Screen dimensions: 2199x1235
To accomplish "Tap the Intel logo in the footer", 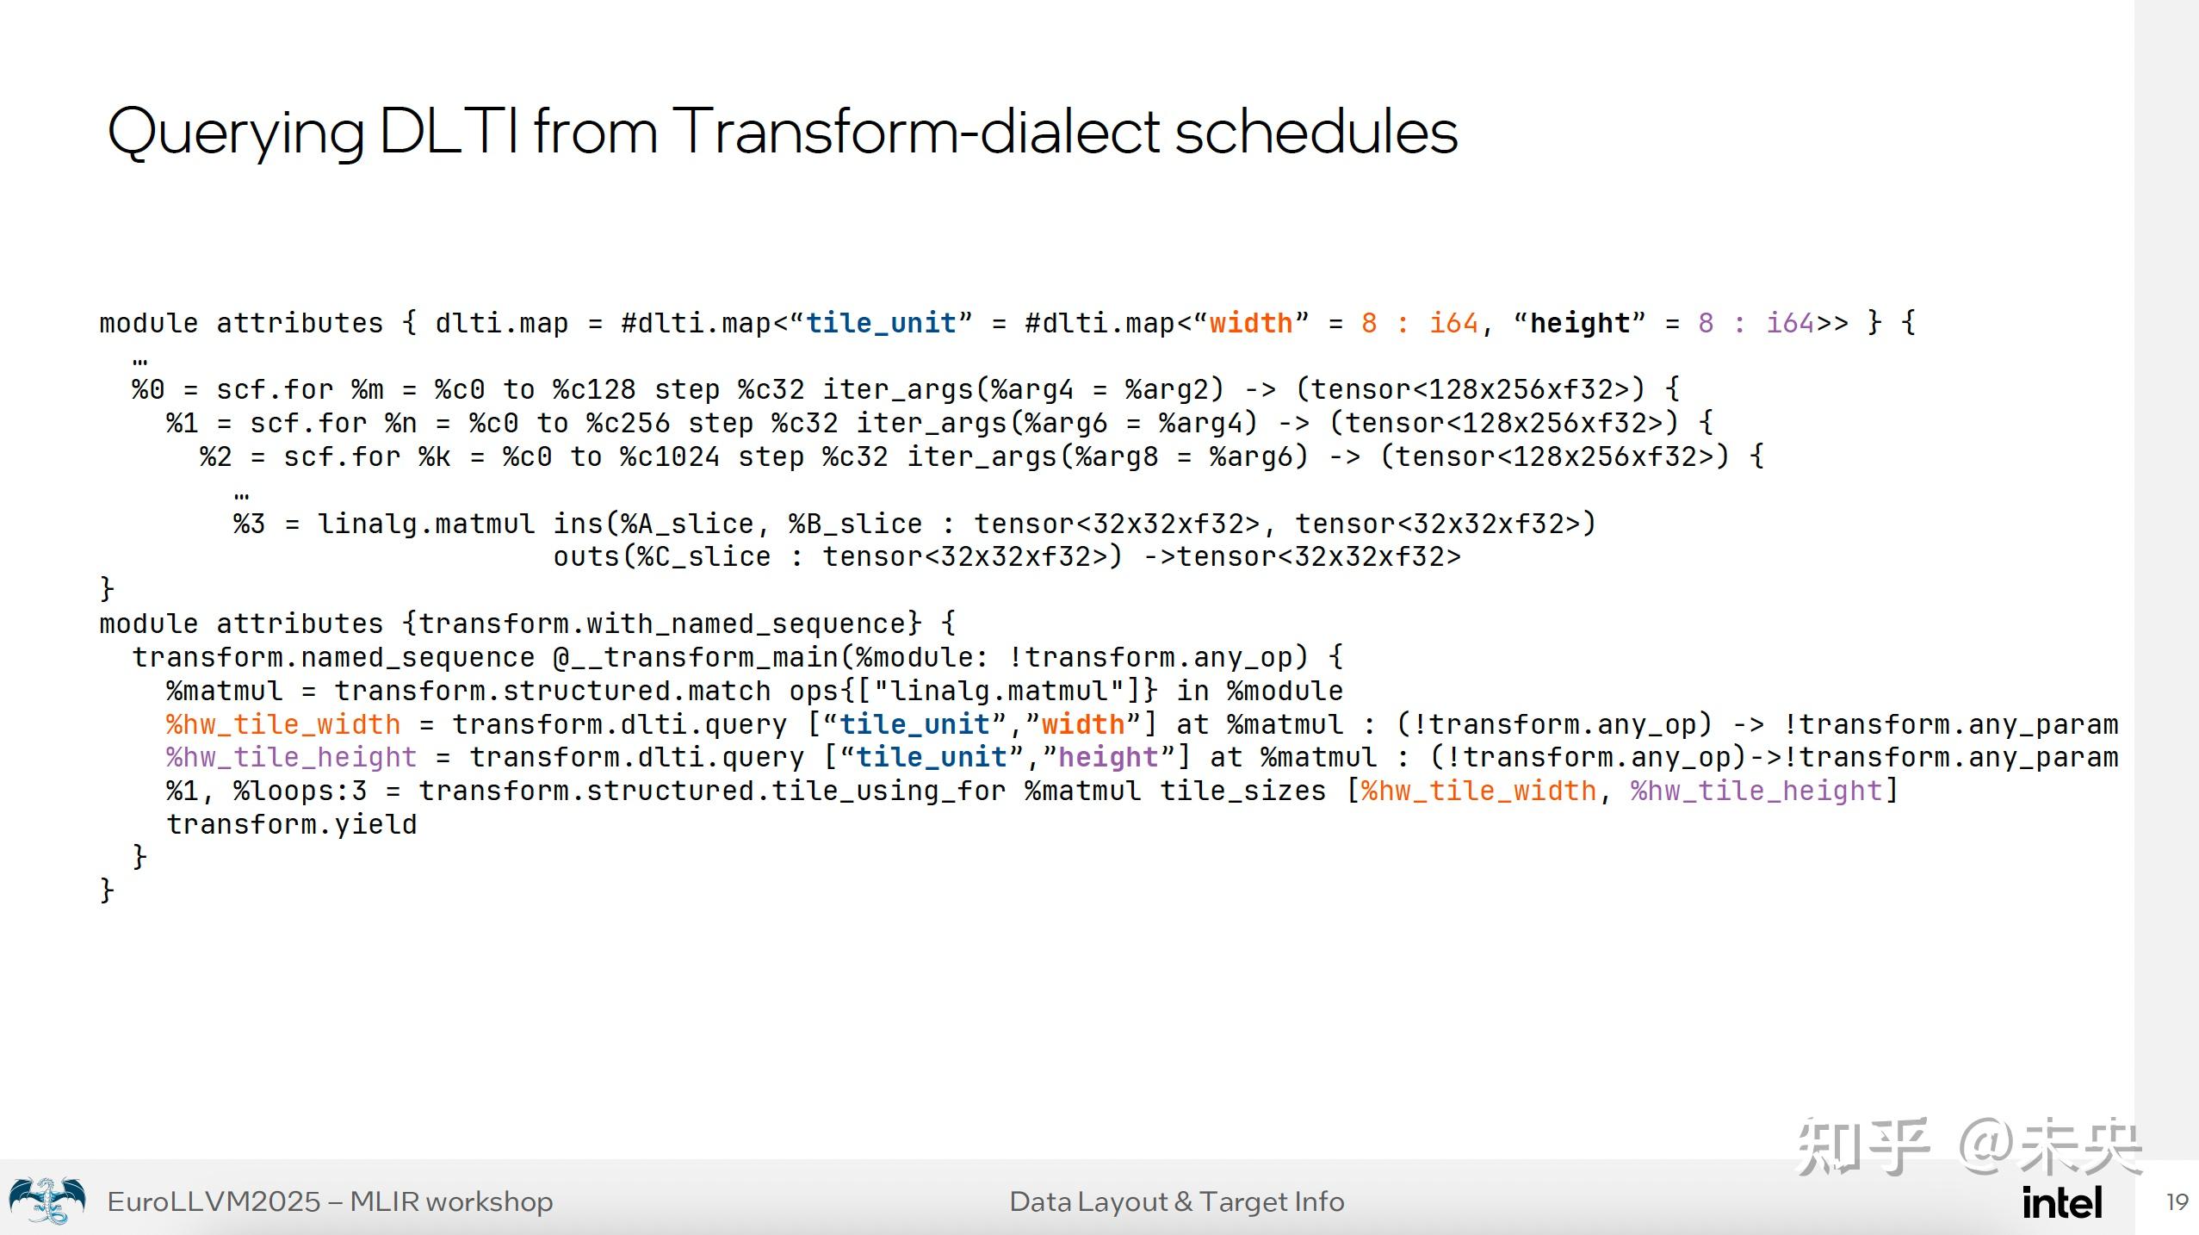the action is click(x=2062, y=1202).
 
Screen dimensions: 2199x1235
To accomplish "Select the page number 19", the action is click(x=2177, y=1202).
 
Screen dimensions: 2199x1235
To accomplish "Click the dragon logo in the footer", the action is click(x=47, y=1201).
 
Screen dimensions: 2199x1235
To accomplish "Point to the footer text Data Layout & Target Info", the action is click(x=1176, y=1201).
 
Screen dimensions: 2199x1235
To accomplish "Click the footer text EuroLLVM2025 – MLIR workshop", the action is click(x=330, y=1201).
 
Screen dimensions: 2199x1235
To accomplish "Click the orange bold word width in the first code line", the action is click(x=1250, y=323).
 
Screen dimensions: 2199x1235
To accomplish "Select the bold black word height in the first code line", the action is click(x=1580, y=323).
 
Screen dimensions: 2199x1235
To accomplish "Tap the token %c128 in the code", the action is click(x=594, y=389).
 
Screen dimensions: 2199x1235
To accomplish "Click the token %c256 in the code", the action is click(x=628, y=423).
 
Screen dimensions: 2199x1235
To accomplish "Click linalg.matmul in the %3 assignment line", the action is click(x=426, y=524).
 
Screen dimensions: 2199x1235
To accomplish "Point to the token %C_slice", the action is click(x=703, y=557).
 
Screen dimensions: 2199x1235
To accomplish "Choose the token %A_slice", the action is click(x=686, y=524).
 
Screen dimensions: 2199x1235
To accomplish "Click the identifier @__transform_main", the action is click(x=695, y=658).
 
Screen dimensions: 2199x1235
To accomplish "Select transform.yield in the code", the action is click(x=292, y=825).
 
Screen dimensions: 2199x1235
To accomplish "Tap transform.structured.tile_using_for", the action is click(x=712, y=791).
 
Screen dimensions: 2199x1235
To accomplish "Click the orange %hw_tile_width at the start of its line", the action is click(x=283, y=724).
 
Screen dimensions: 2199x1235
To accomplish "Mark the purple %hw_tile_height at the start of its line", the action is click(x=292, y=758).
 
